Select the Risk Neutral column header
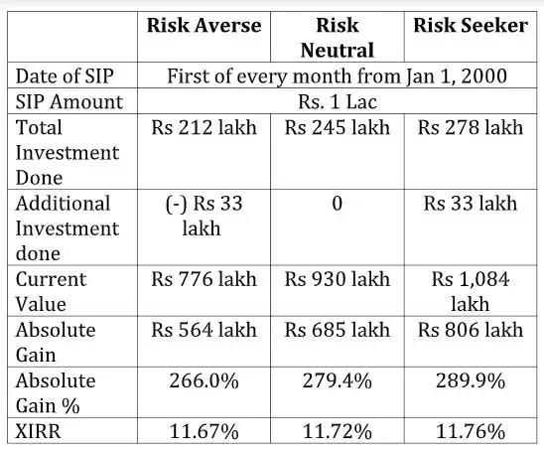click(x=337, y=37)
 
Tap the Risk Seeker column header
click(x=470, y=25)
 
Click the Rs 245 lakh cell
click(x=337, y=127)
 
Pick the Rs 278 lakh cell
click(x=470, y=127)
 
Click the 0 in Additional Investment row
click(x=337, y=204)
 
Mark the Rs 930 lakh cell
click(x=337, y=279)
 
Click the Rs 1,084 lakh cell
click(x=470, y=291)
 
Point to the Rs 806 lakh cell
click(x=470, y=330)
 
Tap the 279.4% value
click(x=337, y=380)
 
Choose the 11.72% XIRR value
click(x=337, y=431)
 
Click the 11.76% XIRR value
click(x=470, y=431)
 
